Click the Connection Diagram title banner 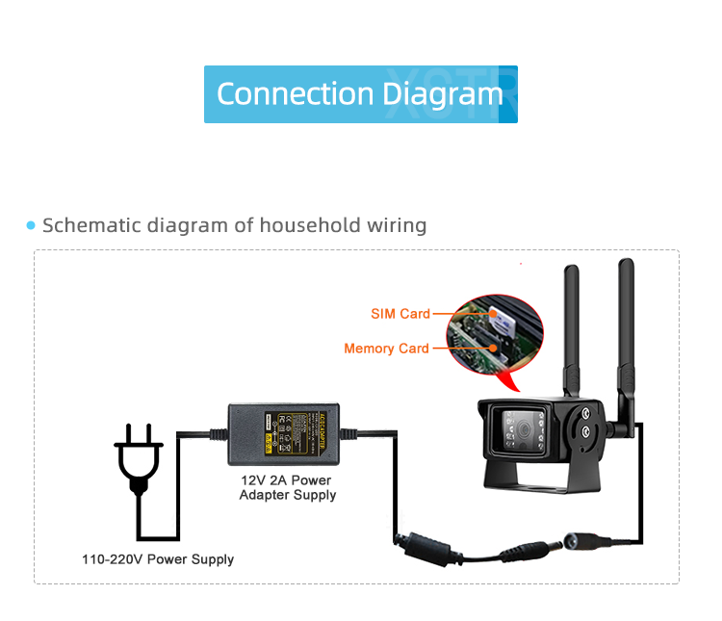click(360, 94)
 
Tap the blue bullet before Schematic click(31, 226)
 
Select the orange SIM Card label click(400, 314)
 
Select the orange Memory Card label click(386, 349)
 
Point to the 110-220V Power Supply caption click(158, 559)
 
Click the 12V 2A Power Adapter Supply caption click(287, 487)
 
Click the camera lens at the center click(522, 428)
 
